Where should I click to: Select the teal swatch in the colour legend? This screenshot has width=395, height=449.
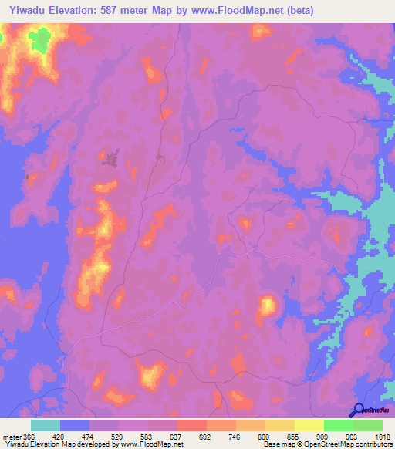point(46,425)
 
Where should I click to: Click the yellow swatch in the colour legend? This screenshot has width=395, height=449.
point(309,425)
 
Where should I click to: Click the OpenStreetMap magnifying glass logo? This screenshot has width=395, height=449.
point(357,410)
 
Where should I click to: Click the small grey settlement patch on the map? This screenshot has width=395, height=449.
point(111,160)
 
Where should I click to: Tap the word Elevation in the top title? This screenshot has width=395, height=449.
point(82,10)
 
